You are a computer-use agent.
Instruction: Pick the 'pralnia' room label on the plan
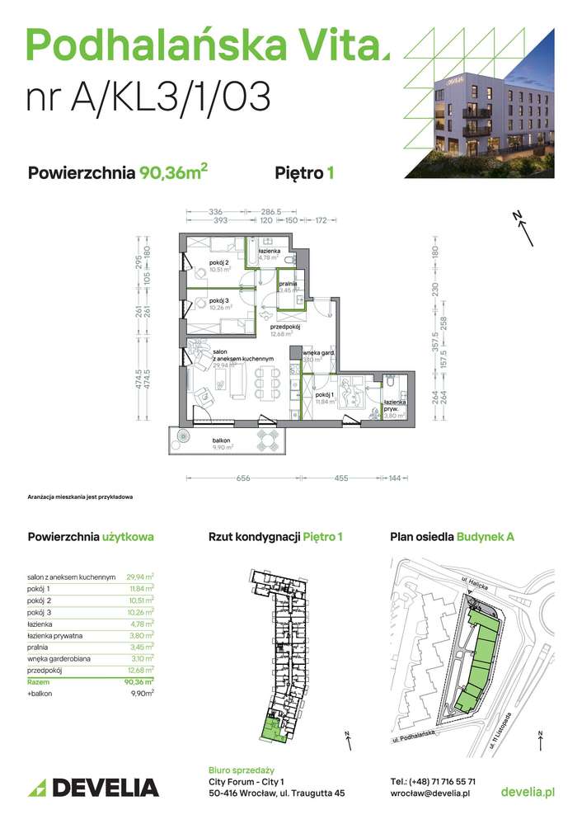(288, 283)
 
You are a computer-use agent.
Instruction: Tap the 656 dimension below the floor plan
(241, 478)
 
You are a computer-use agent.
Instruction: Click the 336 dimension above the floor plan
(193, 211)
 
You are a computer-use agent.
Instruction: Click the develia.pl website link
(528, 792)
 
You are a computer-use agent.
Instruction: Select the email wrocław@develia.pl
(429, 793)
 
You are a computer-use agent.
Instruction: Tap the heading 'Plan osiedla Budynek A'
(452, 537)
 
